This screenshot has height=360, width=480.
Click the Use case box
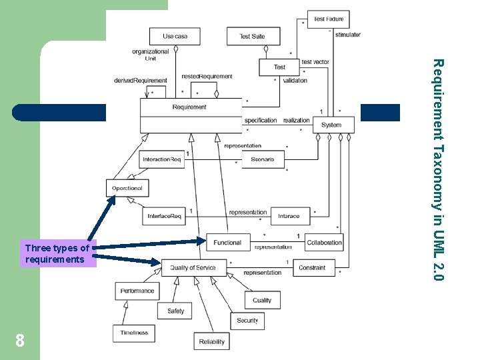click(175, 36)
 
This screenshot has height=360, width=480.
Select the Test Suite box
click(252, 36)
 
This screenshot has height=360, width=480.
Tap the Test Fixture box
click(329, 19)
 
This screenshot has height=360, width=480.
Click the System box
click(331, 125)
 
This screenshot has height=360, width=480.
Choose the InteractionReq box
click(162, 159)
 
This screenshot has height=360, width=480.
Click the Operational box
click(127, 188)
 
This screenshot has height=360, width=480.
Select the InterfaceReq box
click(165, 216)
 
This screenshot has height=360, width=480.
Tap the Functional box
click(228, 243)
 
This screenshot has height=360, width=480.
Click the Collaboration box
click(325, 243)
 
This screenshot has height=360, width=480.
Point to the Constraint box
click(312, 267)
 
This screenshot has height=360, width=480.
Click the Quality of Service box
click(193, 267)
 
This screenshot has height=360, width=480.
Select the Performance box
click(138, 291)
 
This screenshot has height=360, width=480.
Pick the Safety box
click(176, 311)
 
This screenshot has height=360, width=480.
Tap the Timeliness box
click(134, 332)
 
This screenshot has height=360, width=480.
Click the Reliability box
click(212, 342)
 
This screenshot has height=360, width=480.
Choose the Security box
click(247, 321)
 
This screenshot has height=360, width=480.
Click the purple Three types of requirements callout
click(57, 254)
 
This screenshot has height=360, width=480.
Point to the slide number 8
click(20, 341)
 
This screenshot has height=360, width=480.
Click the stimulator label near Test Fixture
click(348, 35)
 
